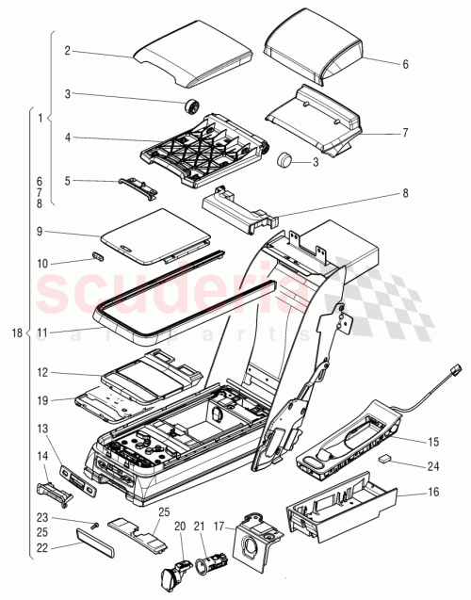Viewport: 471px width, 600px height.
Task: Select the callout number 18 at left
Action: click(15, 332)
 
